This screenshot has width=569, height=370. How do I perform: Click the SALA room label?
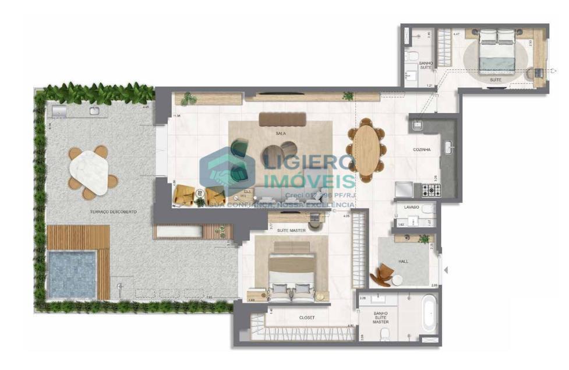280,133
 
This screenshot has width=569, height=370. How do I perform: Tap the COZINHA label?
422,150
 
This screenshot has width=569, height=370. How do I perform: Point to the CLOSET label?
306,318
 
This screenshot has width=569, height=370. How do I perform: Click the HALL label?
403,262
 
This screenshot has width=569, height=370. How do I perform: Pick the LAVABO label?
411,207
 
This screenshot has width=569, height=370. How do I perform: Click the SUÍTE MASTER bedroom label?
292,231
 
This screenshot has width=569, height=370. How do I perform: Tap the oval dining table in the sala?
367,150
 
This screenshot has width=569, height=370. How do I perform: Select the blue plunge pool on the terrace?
72,274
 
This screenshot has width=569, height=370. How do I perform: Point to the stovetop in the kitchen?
432,190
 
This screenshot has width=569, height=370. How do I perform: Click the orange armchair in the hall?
385,274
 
